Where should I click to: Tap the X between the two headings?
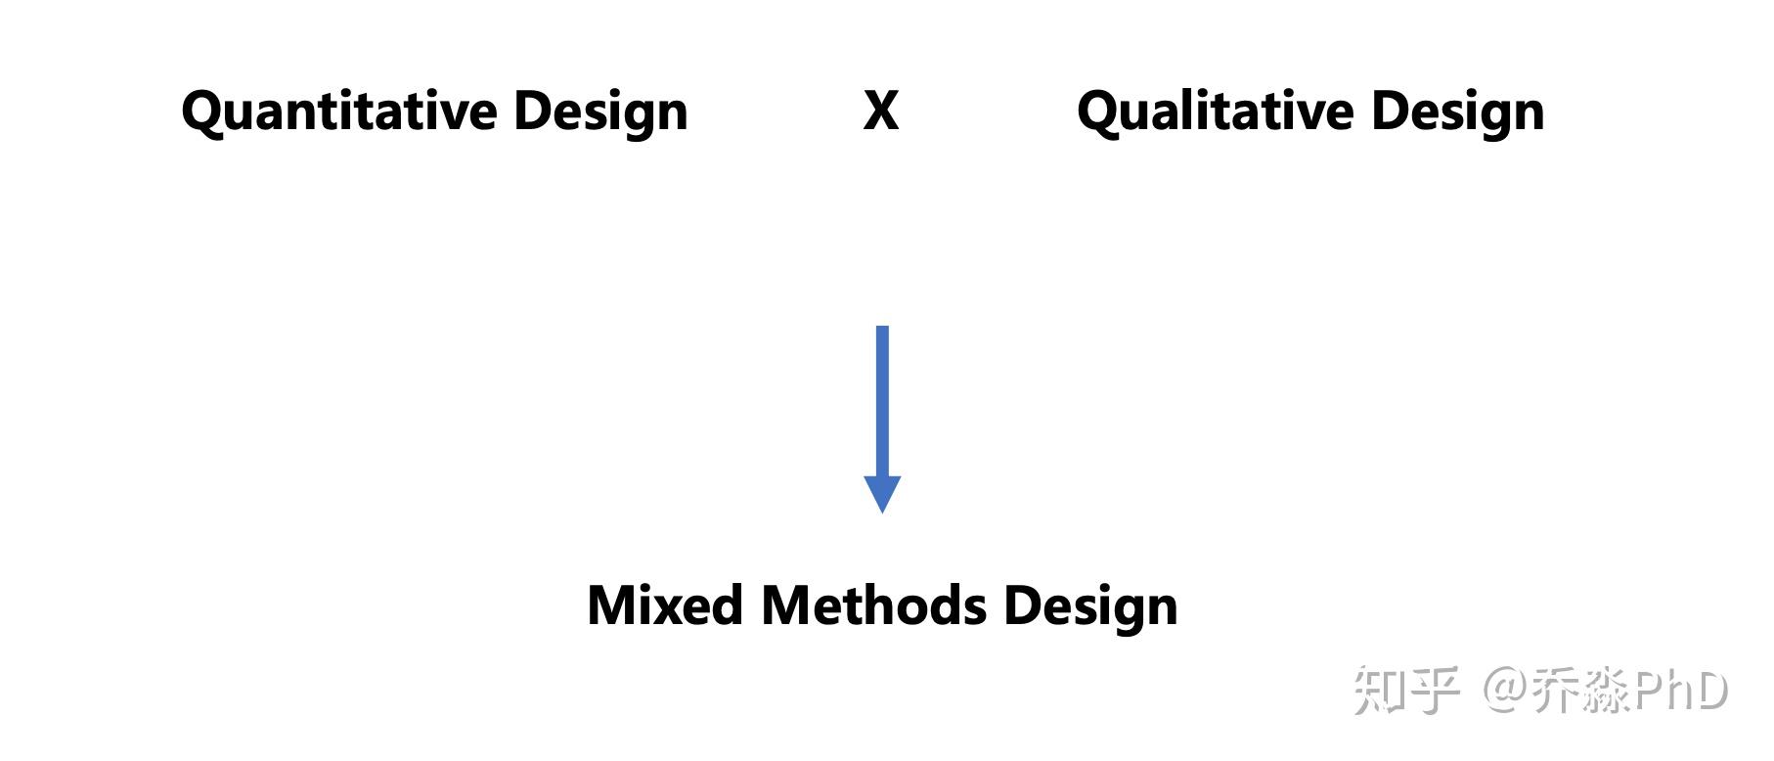[881, 111]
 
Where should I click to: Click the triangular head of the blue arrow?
[882, 492]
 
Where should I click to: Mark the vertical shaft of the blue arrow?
[882, 401]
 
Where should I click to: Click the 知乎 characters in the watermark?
[1406, 691]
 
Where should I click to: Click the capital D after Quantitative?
[534, 110]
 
